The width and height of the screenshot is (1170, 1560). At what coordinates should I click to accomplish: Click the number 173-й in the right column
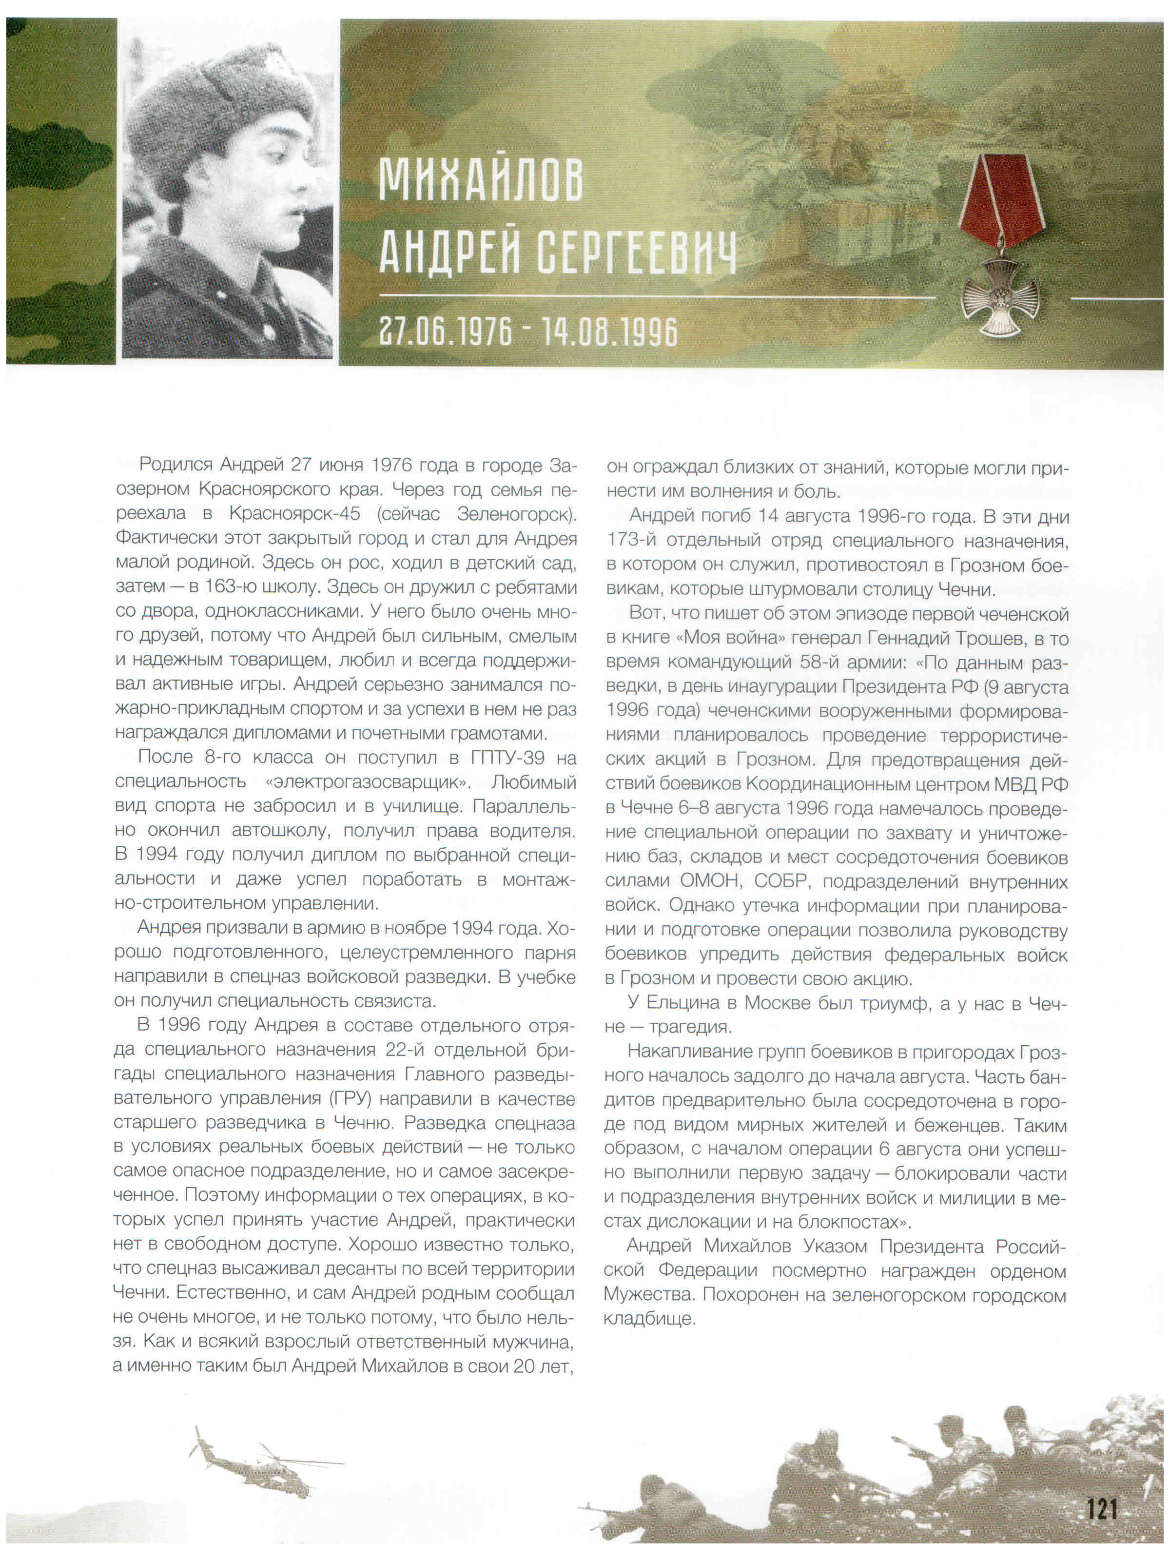[x=633, y=541]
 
